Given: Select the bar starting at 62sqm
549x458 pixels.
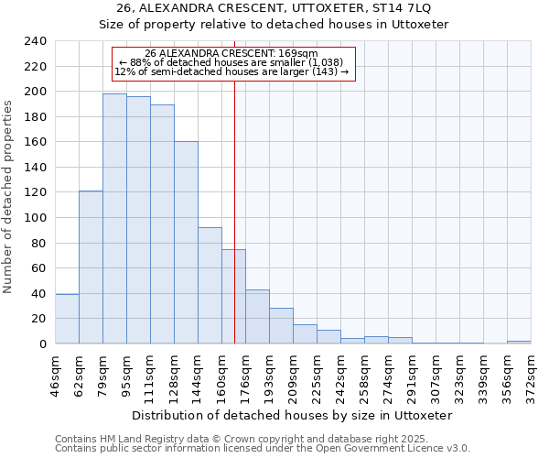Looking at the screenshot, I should pos(91,267).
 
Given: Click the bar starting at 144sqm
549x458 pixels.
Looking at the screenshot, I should pos(210,285).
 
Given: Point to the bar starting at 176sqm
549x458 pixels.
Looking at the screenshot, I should pos(257,316).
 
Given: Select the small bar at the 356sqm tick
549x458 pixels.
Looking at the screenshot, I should pos(519,342).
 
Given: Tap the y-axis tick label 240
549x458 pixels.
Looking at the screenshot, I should pos(35,41).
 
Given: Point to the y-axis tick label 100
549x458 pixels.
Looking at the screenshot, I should pos(35,218).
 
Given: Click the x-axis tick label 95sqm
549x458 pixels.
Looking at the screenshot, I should pos(126,375).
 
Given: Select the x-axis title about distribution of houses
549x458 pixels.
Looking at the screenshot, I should pos(293,415).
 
